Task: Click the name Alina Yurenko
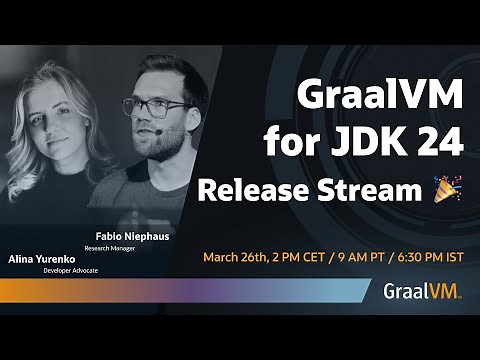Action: (x=43, y=259)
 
